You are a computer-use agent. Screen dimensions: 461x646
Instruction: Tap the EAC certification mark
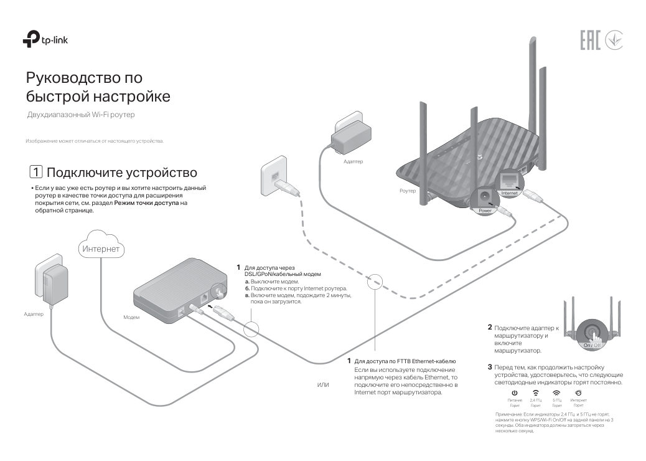(590, 41)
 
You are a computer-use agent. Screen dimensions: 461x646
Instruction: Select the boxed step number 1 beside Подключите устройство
(36, 172)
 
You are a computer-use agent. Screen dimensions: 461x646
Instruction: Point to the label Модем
(131, 317)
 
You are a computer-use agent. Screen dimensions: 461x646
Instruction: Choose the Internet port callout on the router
(508, 184)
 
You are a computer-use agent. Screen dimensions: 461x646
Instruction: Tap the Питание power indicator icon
(515, 393)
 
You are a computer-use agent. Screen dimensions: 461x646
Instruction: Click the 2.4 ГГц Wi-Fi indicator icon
(535, 393)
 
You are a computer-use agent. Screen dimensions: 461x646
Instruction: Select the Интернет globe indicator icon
(578, 393)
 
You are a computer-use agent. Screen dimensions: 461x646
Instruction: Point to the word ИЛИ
(322, 386)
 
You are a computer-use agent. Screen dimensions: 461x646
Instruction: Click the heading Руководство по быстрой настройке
(97, 87)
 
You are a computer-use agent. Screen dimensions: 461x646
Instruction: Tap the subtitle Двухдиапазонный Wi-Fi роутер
(80, 115)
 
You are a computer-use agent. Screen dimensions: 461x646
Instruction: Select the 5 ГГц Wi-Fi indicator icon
(557, 393)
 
